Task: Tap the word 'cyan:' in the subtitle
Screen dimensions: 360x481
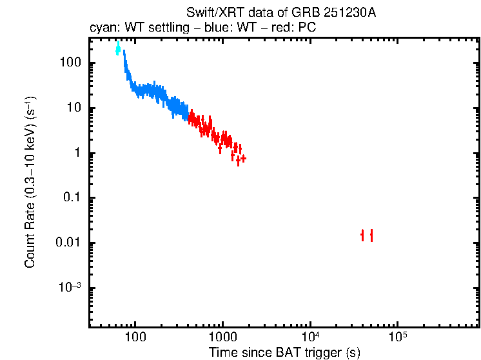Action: [x=102, y=29]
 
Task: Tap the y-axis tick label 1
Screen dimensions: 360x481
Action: [x=77, y=154]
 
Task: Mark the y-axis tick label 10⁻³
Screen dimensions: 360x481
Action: [x=70, y=288]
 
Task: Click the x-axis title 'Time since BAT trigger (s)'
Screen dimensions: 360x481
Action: [x=284, y=352]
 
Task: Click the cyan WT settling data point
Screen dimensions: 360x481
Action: [x=118, y=49]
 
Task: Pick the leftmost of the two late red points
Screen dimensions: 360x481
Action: [x=362, y=235]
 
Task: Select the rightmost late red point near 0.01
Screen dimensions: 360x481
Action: [x=371, y=235]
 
